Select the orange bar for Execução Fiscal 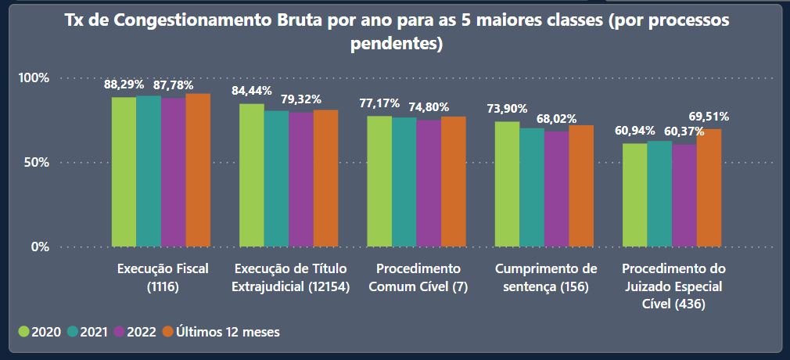tap(198, 171)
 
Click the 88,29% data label tap(124, 84)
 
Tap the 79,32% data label tap(301, 99)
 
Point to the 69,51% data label tap(709, 117)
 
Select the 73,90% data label tap(507, 109)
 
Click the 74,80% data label tap(429, 107)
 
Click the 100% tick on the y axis tap(34, 78)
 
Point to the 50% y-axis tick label tap(37, 163)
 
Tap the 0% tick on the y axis tap(40, 247)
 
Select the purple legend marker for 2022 tap(120, 332)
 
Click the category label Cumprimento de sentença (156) tap(546, 277)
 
